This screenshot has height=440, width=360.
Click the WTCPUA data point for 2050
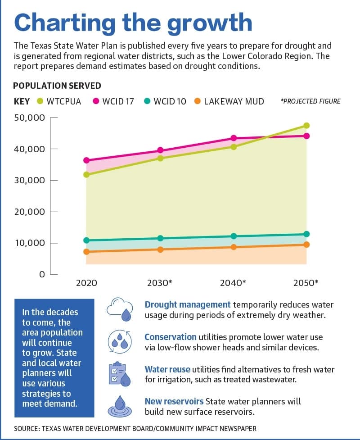(x=306, y=126)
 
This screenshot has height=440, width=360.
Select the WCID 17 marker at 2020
(x=87, y=160)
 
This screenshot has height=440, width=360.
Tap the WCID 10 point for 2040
(x=234, y=236)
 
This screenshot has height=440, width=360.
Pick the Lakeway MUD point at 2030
(x=160, y=249)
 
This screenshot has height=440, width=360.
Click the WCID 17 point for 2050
(x=306, y=136)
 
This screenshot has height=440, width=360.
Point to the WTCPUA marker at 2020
(x=87, y=175)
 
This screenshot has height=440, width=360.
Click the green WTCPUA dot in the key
(x=40, y=101)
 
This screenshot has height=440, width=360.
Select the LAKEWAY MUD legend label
(x=234, y=101)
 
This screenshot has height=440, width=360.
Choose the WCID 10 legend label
(x=170, y=101)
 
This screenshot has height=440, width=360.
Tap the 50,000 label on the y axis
(x=29, y=118)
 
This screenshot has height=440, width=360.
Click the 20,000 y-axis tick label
(x=29, y=212)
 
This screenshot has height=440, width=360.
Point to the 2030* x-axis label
(x=160, y=282)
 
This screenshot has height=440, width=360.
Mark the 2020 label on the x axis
(x=87, y=282)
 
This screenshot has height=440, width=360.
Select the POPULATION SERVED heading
(x=57, y=86)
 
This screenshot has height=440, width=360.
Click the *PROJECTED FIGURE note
(x=310, y=101)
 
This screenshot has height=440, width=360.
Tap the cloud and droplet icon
(x=120, y=309)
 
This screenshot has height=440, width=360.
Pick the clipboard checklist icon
(x=120, y=374)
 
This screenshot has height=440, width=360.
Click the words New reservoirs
(x=174, y=402)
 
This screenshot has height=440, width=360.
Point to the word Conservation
(x=171, y=337)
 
